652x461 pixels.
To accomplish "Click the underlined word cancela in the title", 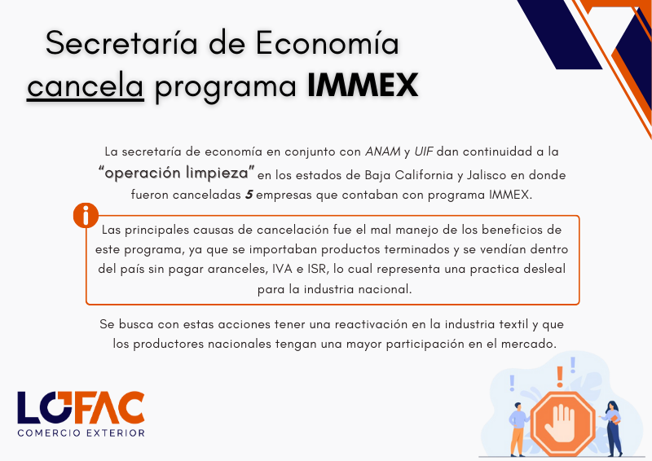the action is (86, 86).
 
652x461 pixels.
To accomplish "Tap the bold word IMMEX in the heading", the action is (363, 86).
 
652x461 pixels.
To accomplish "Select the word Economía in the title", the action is (328, 43).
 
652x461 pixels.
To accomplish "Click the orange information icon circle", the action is (86, 215).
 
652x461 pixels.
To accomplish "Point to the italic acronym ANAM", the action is (382, 151).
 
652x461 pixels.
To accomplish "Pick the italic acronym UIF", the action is (423, 151).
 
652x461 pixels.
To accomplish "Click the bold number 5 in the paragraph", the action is (249, 195).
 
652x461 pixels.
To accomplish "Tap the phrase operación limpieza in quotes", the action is (177, 173).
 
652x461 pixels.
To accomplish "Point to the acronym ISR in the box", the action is (318, 269).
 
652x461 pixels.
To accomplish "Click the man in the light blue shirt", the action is (518, 429).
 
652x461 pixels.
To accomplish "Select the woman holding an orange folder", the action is (612, 428).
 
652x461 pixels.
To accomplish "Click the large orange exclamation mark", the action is (560, 376).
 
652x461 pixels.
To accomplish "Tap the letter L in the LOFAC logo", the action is (28, 407).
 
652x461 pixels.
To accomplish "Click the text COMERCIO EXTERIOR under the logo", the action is (81, 432).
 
